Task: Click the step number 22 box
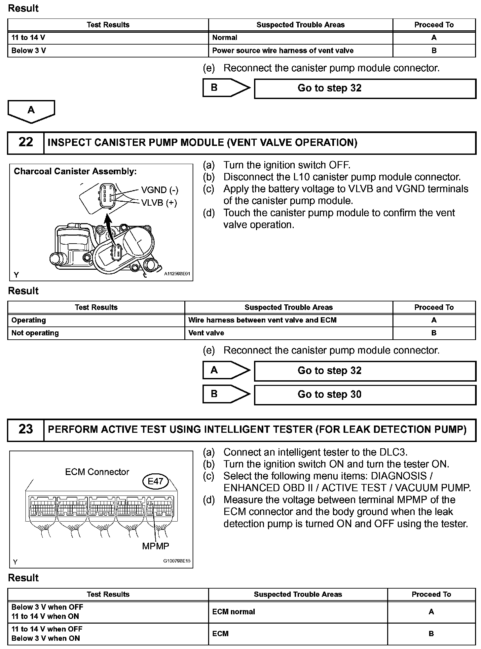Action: [26, 143]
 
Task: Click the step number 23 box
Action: [26, 429]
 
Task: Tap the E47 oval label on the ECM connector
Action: [155, 481]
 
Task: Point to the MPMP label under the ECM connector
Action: [155, 546]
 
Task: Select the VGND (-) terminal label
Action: [160, 190]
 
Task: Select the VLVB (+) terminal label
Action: [159, 202]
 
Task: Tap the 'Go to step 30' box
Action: [365, 394]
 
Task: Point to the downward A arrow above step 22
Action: [31, 111]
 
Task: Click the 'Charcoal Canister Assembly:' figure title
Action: [75, 171]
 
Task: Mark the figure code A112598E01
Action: [177, 274]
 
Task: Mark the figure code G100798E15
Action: [177, 561]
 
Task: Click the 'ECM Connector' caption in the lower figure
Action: [97, 472]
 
